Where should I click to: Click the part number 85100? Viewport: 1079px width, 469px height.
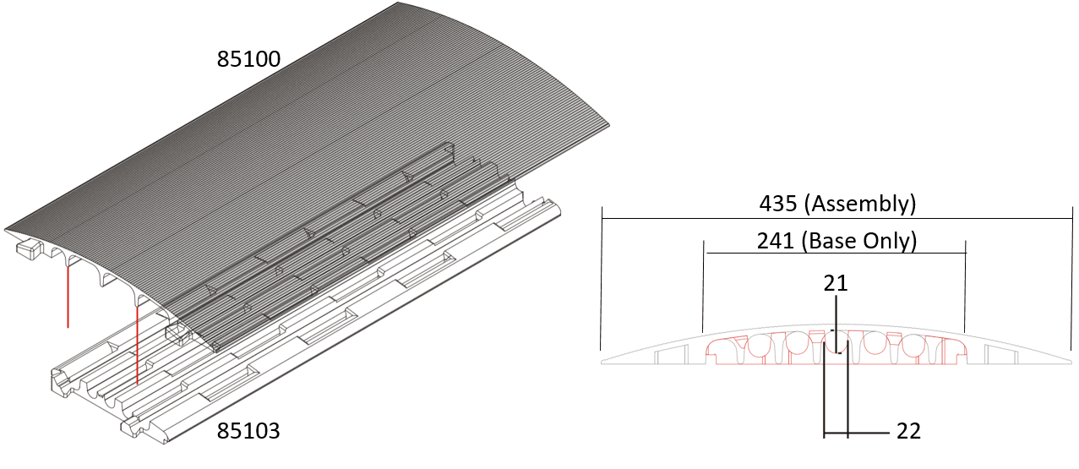click(x=248, y=59)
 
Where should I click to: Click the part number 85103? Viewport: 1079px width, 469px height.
click(x=248, y=431)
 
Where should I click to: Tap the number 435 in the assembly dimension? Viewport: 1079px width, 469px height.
click(x=778, y=204)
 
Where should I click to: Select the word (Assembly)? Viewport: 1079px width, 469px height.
click(x=860, y=205)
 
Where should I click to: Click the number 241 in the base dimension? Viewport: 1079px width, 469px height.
click(x=775, y=241)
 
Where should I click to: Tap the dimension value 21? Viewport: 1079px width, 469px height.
click(x=836, y=283)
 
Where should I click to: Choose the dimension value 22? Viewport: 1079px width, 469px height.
click(x=908, y=431)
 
